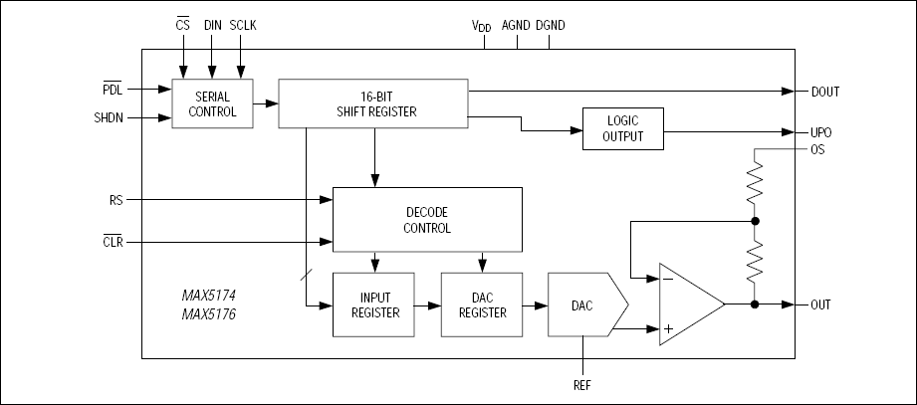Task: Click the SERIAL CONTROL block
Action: (x=212, y=104)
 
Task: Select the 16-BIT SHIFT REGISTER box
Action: (x=373, y=104)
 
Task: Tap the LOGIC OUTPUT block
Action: (x=622, y=128)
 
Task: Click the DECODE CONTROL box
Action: (x=427, y=220)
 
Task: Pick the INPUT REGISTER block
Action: (x=373, y=304)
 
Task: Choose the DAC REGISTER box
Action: (x=482, y=304)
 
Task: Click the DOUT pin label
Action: (x=825, y=92)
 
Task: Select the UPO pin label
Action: (x=822, y=131)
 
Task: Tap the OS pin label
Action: (x=818, y=149)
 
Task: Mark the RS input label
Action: (x=115, y=200)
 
